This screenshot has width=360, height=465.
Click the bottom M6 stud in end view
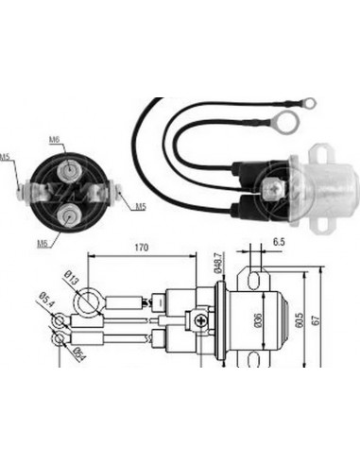(73, 216)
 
